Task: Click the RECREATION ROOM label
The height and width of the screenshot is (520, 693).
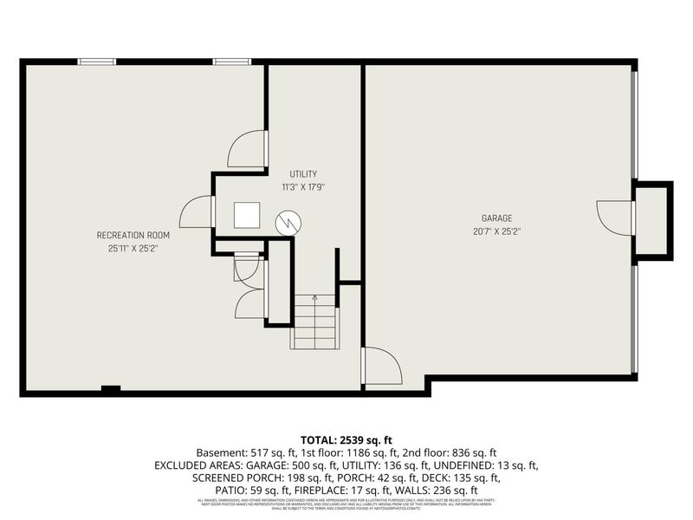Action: tap(133, 235)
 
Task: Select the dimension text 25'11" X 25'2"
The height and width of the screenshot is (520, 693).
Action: tap(133, 248)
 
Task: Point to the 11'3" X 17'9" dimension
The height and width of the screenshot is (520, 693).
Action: tap(302, 187)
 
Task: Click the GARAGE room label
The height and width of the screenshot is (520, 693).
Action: tap(497, 218)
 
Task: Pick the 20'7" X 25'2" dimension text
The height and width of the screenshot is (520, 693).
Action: tap(497, 231)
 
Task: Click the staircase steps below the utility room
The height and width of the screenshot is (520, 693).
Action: tap(314, 322)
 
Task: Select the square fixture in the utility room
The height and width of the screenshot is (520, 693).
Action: tap(247, 215)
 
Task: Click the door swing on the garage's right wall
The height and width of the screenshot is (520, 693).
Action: tap(616, 218)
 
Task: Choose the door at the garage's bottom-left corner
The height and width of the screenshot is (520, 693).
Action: tap(381, 366)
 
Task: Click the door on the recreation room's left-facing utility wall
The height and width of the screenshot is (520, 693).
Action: tap(198, 212)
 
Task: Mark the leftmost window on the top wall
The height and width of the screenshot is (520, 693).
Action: tap(96, 62)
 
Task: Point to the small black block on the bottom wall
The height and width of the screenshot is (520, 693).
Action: tap(110, 389)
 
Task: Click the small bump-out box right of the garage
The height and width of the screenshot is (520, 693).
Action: tap(652, 219)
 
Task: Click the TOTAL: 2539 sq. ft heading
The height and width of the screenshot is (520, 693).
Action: tap(346, 439)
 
